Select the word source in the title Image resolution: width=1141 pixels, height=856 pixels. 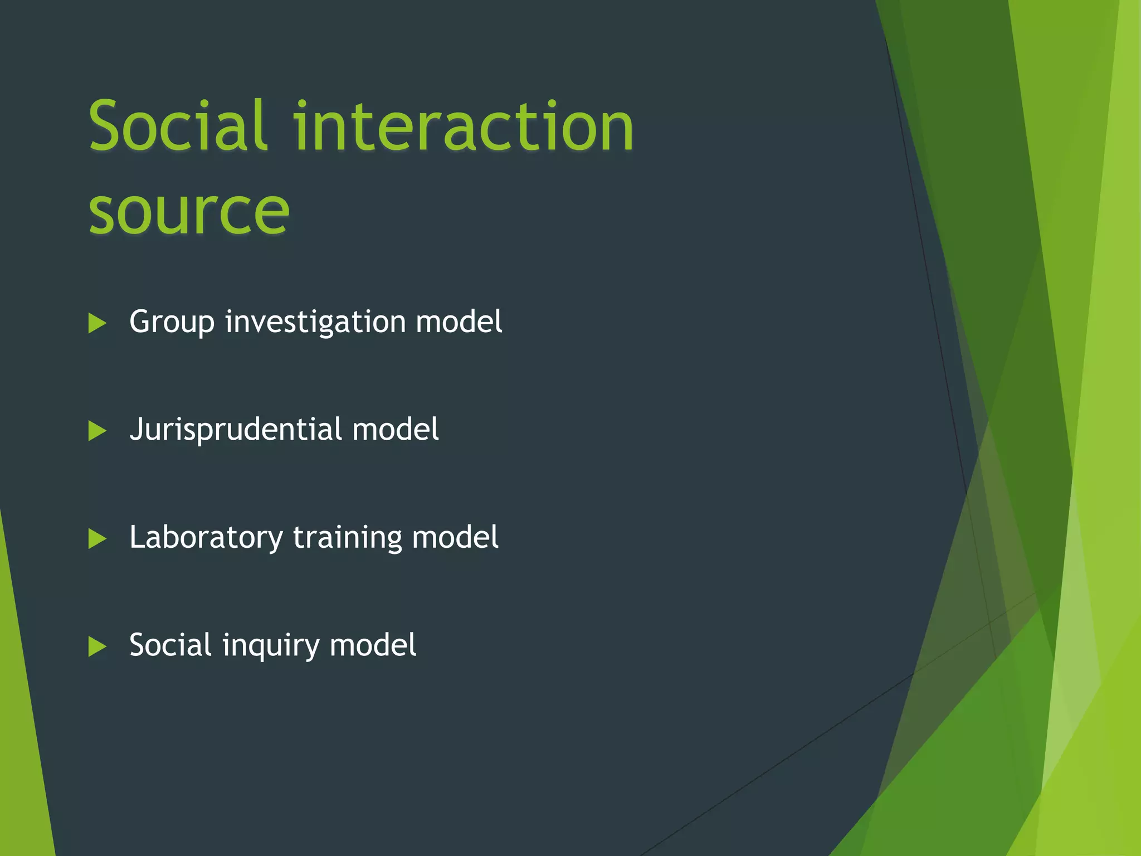point(189,211)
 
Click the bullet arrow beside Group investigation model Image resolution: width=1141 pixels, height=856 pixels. point(97,323)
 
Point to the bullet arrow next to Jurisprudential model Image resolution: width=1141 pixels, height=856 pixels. point(97,431)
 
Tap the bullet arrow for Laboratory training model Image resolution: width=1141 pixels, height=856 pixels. point(97,539)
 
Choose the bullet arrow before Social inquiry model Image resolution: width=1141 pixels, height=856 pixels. point(97,646)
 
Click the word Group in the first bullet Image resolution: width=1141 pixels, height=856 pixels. point(172,322)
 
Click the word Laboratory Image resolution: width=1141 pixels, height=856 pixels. point(206,538)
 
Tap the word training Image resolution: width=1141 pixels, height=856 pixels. point(348,538)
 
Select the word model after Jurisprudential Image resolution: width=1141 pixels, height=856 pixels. point(396,430)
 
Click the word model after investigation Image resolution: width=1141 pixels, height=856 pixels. point(459,322)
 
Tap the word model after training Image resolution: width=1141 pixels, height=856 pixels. point(455,538)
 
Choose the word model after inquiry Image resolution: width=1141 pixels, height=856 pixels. point(373,645)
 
